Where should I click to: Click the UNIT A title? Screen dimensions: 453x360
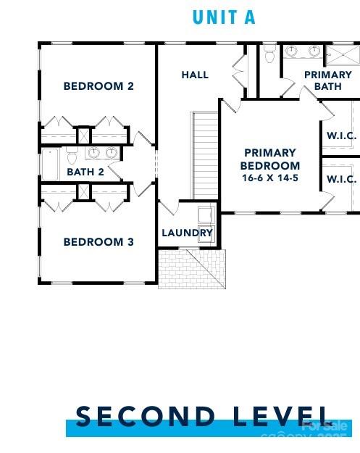pos(224,17)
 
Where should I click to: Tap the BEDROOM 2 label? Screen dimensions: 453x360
pos(99,86)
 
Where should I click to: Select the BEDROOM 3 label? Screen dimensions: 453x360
pos(99,242)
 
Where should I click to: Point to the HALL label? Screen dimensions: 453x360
pos(195,75)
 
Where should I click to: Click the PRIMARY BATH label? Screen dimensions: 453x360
pos(327,80)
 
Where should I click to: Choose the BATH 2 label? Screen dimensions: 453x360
pos(85,173)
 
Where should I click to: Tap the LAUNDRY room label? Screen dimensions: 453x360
pos(187,233)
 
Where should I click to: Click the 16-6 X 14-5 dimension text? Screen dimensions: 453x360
pos(269,178)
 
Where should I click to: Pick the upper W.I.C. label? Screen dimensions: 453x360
pos(341,136)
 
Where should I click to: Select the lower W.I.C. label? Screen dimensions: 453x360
pos(341,179)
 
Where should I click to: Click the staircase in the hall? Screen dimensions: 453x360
pos(204,156)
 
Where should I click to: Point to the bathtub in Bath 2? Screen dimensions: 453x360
pos(51,164)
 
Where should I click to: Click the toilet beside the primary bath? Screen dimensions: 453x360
pos(270,54)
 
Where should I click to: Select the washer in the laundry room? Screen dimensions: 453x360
pos(205,216)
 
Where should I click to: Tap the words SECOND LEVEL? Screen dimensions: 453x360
pos(204,417)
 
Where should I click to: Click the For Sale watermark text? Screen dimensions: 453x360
pos(325,427)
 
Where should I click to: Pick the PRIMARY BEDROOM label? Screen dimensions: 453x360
pos(269,159)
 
